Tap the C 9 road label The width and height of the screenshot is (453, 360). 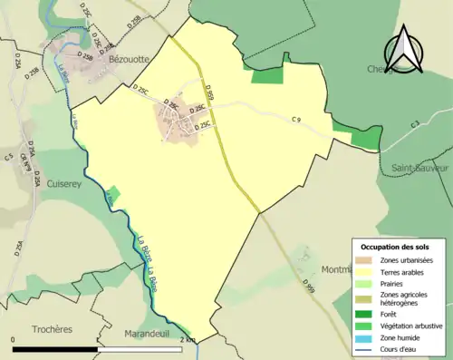tap(295, 120)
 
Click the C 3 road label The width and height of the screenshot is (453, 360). tap(413, 124)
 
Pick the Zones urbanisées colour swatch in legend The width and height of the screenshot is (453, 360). tap(364, 260)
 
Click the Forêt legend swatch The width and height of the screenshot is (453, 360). tap(364, 315)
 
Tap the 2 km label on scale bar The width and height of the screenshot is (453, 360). tap(188, 338)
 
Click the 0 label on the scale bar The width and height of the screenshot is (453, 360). tap(14, 338)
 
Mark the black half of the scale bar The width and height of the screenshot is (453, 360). tap(56, 345)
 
